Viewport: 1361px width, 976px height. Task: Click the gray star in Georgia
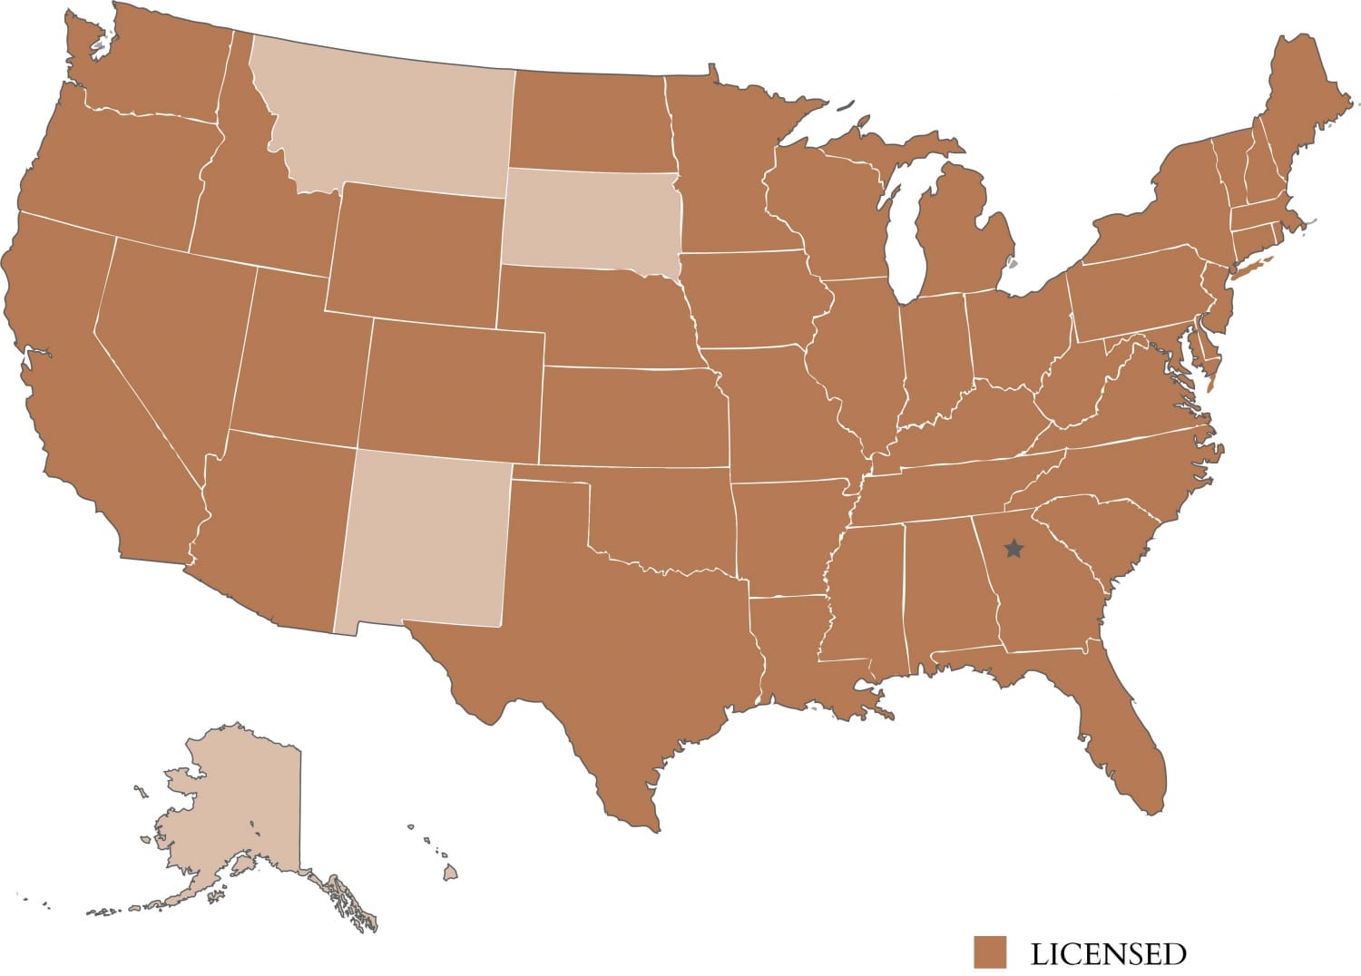click(1013, 549)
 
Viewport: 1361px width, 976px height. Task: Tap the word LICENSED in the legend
click(1108, 954)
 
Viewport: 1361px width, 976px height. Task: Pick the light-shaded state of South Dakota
click(590, 218)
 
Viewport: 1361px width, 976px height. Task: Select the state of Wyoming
click(417, 249)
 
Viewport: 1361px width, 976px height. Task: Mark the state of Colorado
click(454, 390)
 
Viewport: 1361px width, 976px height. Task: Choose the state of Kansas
click(635, 417)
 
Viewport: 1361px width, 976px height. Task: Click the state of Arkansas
click(789, 535)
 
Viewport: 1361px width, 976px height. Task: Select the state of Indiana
click(935, 363)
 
